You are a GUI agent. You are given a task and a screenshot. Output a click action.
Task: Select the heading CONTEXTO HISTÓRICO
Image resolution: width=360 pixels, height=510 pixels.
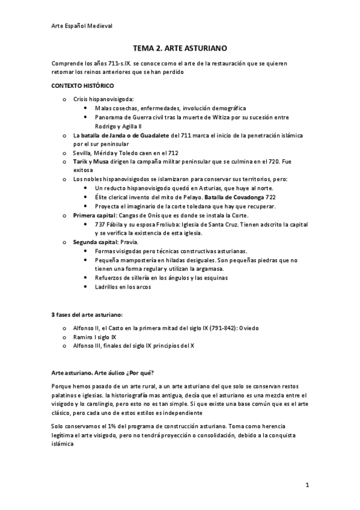(x=82, y=86)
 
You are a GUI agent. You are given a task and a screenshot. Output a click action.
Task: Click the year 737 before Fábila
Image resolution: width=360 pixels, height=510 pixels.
(x=100, y=224)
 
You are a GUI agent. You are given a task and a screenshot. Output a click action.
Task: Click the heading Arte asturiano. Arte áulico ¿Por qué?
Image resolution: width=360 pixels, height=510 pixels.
(x=102, y=372)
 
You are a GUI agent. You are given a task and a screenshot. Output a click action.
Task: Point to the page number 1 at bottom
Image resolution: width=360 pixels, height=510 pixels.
(x=307, y=484)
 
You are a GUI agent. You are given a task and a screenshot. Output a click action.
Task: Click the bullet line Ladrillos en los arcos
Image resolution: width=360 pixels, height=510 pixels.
(x=123, y=287)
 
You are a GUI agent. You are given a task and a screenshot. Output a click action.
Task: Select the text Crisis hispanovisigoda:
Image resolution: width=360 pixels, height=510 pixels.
(x=103, y=99)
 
